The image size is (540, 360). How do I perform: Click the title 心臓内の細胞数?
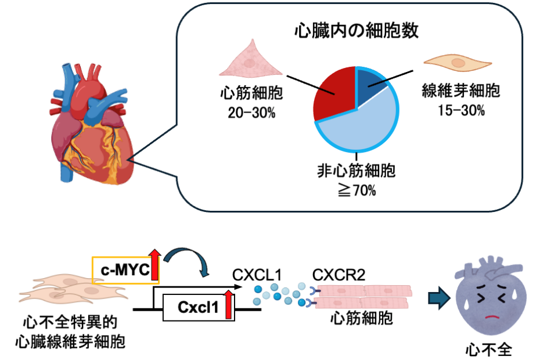coord(357,30)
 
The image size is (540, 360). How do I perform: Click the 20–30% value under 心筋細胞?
coord(252,113)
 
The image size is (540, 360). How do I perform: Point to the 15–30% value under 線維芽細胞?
coord(461,110)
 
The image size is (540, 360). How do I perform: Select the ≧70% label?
coord(357,190)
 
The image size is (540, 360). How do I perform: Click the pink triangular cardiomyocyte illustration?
coord(251,59)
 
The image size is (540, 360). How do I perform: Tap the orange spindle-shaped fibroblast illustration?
coord(458,63)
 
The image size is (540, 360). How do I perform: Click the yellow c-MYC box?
coord(125,270)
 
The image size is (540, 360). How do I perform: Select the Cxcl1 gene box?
coord(199,307)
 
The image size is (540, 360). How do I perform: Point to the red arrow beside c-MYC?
coord(154,265)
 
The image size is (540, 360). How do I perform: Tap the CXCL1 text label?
coord(257,275)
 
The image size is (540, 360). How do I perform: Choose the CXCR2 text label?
coord(339,275)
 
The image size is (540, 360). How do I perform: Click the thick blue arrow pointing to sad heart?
coord(439,298)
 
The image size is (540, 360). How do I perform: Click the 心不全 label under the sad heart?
coord(489,350)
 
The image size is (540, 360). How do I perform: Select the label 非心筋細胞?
coord(357,171)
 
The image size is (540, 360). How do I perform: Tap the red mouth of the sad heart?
coord(491,317)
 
